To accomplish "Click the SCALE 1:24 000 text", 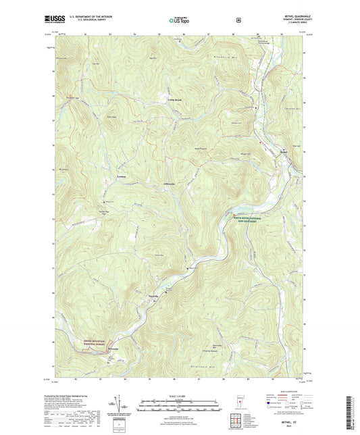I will [180, 395].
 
